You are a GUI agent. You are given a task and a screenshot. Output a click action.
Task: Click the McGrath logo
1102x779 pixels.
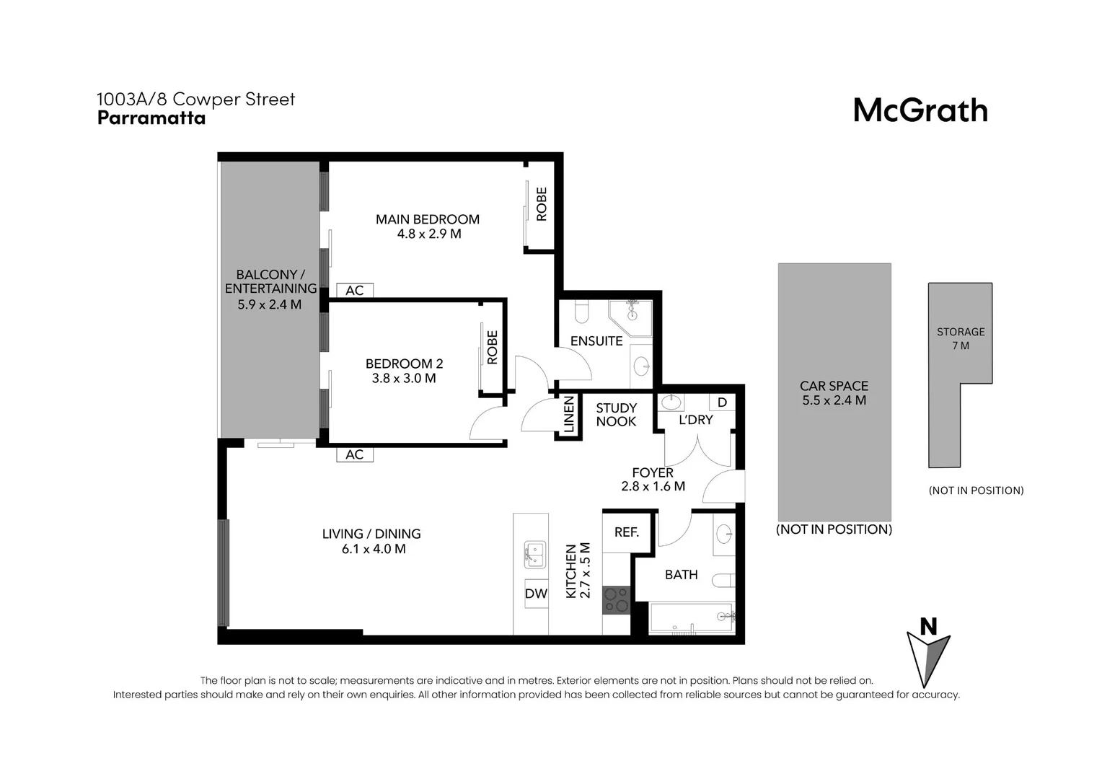pos(920,110)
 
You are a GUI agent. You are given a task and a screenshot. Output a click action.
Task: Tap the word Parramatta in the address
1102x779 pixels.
pos(151,118)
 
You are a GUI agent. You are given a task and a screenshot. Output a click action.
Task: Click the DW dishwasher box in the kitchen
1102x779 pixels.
pos(536,594)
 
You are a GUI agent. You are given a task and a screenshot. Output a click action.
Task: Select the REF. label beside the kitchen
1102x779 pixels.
pos(626,532)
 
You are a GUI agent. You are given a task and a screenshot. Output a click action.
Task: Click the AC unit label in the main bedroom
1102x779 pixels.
pos(354,291)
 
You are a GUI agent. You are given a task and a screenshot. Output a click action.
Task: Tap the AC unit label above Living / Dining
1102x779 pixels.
pos(354,454)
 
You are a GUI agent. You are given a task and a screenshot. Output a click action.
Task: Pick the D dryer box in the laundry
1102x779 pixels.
pos(722,402)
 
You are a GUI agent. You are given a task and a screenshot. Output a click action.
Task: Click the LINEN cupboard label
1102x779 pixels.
pos(568,415)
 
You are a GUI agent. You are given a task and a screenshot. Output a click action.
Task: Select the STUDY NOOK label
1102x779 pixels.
pos(616,415)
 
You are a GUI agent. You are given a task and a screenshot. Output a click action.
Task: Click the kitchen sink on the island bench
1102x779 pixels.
pos(534,554)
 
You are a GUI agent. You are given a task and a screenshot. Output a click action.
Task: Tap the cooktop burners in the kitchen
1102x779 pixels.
pos(616,600)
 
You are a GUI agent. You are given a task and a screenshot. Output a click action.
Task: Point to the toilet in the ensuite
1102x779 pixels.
pos(581,311)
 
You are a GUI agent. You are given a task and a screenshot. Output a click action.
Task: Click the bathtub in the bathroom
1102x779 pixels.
pos(692,617)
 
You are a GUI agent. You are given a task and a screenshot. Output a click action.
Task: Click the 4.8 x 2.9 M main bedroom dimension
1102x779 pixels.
pos(428,234)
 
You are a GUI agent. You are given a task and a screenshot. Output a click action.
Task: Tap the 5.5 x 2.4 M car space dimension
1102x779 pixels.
pos(834,400)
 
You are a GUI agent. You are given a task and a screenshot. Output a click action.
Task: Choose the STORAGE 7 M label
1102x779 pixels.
pos(960,338)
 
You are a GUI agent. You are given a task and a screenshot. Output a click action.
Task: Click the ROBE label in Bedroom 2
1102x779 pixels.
pos(493,347)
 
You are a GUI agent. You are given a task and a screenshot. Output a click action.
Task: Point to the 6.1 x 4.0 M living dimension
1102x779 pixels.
pos(373,549)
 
